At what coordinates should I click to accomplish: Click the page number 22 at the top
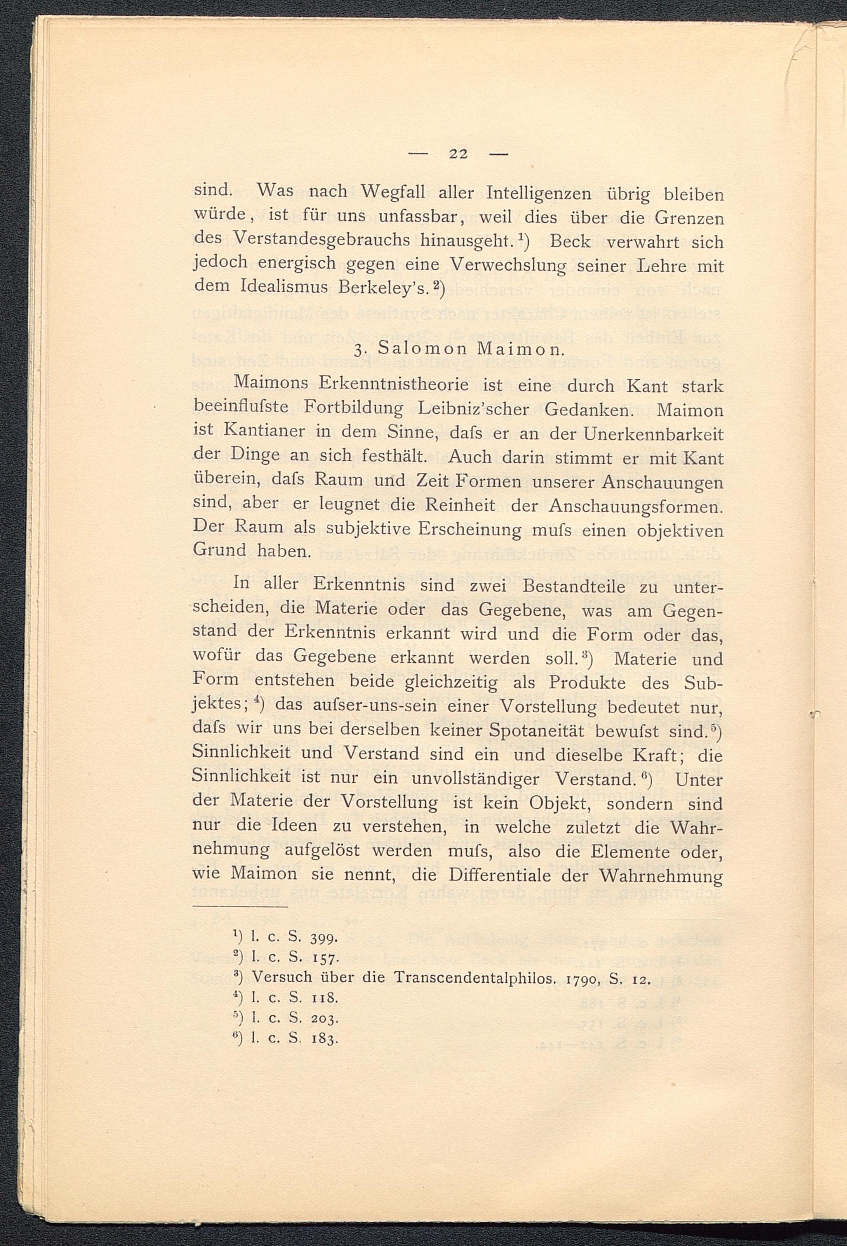459,154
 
